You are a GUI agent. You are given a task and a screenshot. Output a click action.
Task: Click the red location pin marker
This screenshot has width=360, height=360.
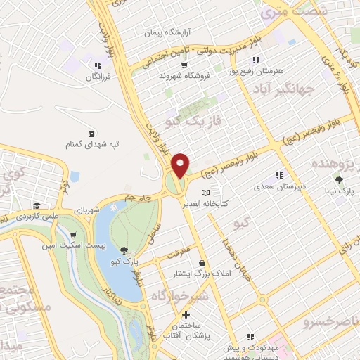click(181, 165)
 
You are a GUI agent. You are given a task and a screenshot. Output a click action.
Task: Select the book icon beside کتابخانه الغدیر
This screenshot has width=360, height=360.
click(205, 192)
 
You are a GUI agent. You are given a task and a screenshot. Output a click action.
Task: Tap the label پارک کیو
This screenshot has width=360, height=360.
click(124, 262)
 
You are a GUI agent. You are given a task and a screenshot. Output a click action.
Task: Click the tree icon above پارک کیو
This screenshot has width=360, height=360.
click(124, 250)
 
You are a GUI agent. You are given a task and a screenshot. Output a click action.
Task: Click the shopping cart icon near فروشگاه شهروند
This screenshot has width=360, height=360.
click(184, 65)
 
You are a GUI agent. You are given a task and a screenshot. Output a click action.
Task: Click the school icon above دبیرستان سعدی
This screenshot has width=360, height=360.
click(280, 175)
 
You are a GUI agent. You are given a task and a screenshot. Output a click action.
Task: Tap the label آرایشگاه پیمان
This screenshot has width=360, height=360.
click(168, 32)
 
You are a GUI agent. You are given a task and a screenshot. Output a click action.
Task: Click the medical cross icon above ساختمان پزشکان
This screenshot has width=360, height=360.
click(186, 314)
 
